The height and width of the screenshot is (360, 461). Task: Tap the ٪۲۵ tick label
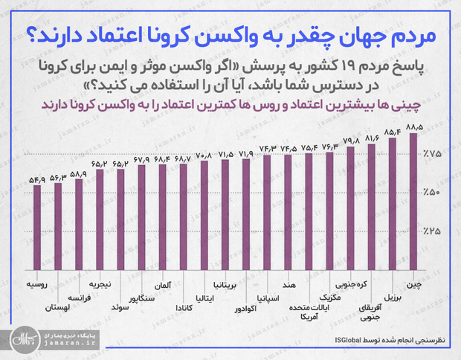[x=433, y=231]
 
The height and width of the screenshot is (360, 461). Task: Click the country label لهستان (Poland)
[x=57, y=306]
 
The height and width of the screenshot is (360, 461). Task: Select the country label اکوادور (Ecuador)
[x=244, y=306]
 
